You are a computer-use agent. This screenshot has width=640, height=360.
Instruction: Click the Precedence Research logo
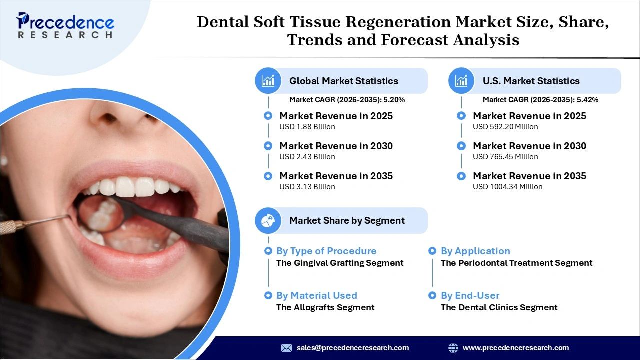tap(65, 25)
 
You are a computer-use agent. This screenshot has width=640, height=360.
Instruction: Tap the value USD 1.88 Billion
tap(307, 127)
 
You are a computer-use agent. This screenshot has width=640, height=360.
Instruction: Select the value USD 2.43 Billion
tap(307, 157)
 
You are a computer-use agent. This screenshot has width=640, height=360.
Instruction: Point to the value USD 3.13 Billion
tap(307, 187)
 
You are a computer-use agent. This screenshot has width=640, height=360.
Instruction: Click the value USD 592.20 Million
tap(505, 127)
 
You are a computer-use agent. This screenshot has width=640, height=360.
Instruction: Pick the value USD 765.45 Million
tap(505, 157)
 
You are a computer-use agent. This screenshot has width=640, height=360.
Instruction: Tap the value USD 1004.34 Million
tap(507, 187)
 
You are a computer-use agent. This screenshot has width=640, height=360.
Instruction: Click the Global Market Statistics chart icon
tap(268, 81)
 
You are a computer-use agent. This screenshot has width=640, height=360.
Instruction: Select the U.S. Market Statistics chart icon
tap(462, 81)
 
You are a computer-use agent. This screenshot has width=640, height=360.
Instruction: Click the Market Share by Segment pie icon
tap(268, 220)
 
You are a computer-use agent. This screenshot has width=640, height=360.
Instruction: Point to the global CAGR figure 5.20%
tap(394, 100)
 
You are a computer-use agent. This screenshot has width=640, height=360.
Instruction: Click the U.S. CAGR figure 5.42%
tap(587, 100)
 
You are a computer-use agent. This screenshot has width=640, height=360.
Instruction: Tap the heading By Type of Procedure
tap(326, 251)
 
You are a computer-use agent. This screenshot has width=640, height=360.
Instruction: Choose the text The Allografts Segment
tap(325, 307)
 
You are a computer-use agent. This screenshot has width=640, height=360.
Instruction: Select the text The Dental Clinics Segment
tap(499, 307)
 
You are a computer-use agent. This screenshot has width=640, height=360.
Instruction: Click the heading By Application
tap(475, 251)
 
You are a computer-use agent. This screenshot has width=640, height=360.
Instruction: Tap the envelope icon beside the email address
tap(286, 348)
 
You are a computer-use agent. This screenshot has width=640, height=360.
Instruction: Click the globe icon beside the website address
tap(453, 348)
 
